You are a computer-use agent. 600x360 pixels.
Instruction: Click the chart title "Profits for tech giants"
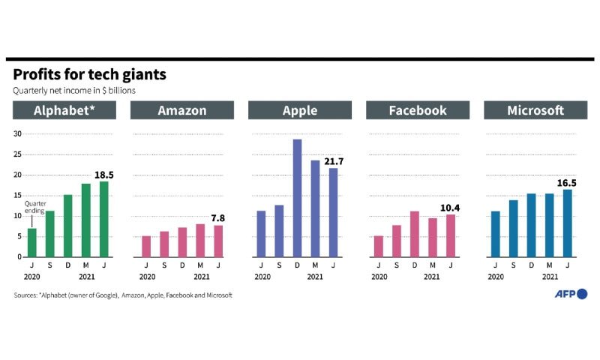point(89,74)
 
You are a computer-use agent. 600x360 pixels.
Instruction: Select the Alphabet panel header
point(64,110)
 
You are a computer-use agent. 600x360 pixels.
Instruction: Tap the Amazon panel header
point(182,110)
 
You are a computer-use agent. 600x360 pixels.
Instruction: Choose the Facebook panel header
point(418,110)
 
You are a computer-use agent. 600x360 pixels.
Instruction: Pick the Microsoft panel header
point(535,110)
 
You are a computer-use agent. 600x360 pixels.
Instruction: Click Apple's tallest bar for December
point(297,198)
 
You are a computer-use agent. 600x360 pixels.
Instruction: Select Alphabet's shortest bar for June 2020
point(32,242)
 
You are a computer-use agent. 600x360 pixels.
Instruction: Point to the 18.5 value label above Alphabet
point(104,175)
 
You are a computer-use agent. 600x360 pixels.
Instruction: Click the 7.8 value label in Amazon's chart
point(218,218)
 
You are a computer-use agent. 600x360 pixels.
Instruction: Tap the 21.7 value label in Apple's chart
point(334,161)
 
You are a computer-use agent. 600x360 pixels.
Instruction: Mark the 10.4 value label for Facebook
point(450,208)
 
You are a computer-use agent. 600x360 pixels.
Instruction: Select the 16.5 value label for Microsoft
point(567,183)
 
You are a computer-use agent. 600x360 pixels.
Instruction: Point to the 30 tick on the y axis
point(17,133)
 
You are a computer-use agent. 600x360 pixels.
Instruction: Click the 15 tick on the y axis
point(17,195)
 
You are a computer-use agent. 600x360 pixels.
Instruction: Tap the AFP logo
point(571,294)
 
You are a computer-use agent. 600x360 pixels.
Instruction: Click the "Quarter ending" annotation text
point(35,207)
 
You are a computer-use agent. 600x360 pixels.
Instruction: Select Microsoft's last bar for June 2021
point(568,223)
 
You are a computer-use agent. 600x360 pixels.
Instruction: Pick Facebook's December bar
point(415,234)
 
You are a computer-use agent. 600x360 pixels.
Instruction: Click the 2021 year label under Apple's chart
point(315,277)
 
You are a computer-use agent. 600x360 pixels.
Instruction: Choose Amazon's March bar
point(200,241)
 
